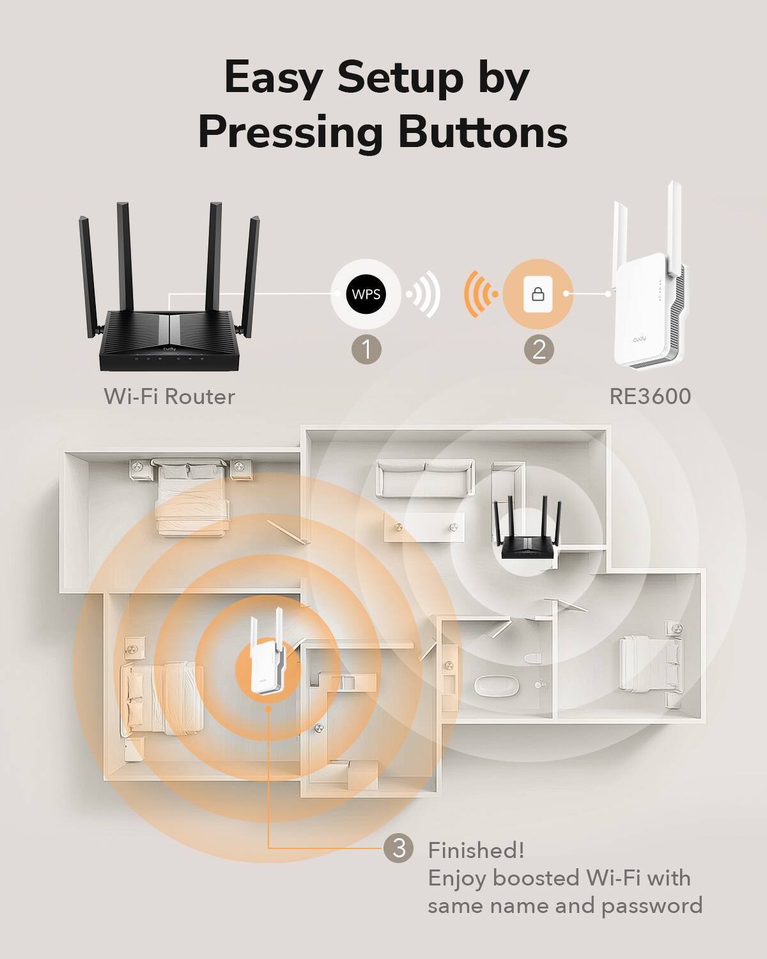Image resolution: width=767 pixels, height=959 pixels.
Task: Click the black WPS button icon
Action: (366, 295)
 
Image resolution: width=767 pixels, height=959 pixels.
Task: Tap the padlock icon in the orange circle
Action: (538, 294)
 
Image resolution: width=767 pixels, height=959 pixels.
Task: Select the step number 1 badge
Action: (366, 350)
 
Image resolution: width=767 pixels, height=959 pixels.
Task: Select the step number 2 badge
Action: (539, 350)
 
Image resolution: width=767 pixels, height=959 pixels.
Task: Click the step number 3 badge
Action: (399, 848)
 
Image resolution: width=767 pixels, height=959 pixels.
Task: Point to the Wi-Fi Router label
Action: (169, 396)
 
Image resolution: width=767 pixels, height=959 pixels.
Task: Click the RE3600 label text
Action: (650, 396)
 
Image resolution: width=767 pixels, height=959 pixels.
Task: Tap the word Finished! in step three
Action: (476, 850)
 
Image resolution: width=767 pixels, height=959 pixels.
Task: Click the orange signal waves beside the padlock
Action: (480, 294)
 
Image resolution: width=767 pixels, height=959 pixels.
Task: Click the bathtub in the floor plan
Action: (496, 686)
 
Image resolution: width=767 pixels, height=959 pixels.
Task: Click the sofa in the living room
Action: (425, 479)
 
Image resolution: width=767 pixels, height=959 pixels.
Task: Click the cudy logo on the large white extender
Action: (639, 338)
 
